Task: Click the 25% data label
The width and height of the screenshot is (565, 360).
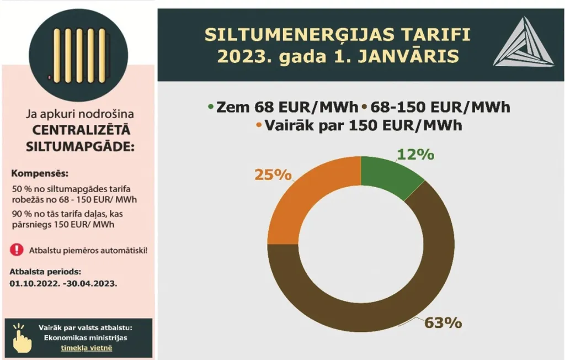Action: pos(272,174)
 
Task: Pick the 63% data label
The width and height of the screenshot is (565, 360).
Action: pos(443,322)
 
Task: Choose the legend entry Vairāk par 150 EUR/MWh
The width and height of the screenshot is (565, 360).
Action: pos(359,125)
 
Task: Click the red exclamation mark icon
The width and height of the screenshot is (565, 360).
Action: pos(17,250)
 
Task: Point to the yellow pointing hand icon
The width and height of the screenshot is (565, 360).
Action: pos(22,338)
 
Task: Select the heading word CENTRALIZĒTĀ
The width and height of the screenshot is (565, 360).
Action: pos(81,131)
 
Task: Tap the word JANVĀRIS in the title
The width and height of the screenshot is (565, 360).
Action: pos(406,57)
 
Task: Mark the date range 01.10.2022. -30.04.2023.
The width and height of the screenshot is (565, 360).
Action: pos(63,283)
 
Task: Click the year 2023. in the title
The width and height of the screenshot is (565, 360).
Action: pos(242,57)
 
